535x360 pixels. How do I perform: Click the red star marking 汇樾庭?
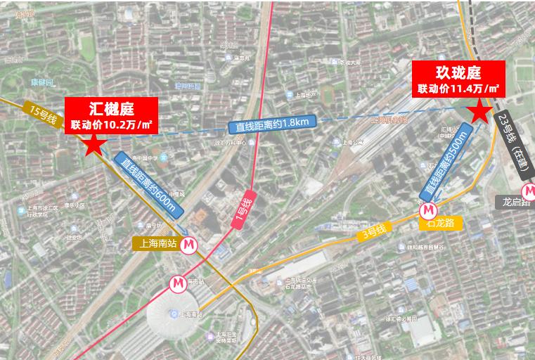click(94, 145)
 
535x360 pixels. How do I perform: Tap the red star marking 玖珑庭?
click(479, 110)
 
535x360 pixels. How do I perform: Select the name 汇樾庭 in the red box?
click(111, 108)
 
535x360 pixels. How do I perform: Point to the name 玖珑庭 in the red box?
click(458, 72)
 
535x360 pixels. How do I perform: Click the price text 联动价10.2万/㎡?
click(111, 125)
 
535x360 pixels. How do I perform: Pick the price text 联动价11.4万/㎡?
click(458, 89)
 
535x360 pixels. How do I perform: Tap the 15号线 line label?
click(43, 114)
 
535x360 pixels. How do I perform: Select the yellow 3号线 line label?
click(373, 232)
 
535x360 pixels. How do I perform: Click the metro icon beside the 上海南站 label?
click(188, 245)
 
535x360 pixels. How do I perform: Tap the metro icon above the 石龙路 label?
click(428, 209)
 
